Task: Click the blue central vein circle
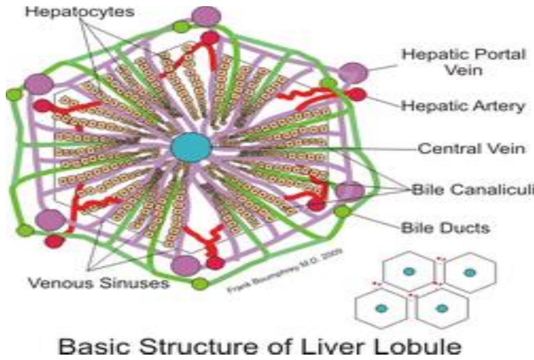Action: (191, 146)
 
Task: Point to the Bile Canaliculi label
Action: (470, 190)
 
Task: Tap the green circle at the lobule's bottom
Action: (199, 284)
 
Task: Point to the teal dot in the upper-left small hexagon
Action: (409, 271)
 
